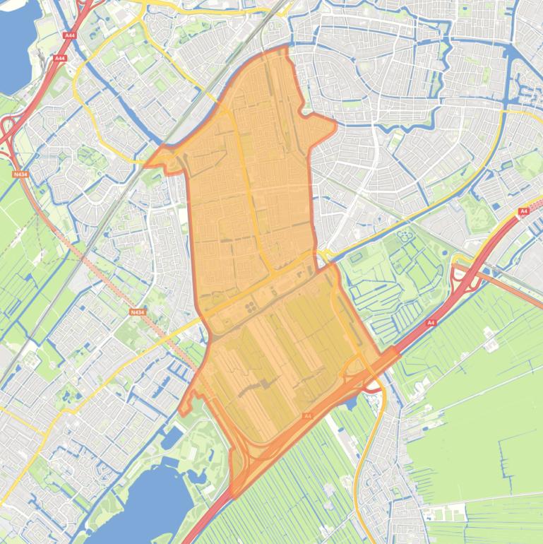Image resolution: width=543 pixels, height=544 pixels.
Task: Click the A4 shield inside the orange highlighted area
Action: (x=308, y=417)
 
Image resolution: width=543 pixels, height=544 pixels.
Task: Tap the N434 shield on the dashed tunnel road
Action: (x=137, y=312)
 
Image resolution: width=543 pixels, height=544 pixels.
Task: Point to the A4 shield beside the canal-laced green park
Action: (x=431, y=323)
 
